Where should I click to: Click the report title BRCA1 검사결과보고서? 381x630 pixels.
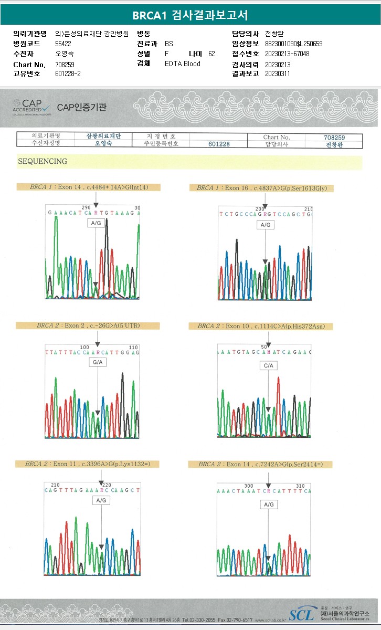pyautogui.click(x=190, y=15)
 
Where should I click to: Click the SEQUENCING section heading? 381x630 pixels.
pyautogui.click(x=43, y=162)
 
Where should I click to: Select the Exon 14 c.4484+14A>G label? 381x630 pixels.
pyautogui.click(x=88, y=187)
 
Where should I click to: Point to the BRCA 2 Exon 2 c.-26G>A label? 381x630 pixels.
pyautogui.click(x=88, y=326)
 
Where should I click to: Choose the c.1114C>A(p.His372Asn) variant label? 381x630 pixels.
pyautogui.click(x=261, y=326)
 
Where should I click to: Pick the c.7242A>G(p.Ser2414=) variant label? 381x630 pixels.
pyautogui.click(x=260, y=464)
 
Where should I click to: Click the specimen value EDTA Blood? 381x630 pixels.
pyautogui.click(x=182, y=64)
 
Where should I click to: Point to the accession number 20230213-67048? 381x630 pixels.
pyautogui.click(x=287, y=54)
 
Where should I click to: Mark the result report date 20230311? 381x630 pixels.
pyautogui.click(x=278, y=74)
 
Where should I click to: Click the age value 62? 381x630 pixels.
pyautogui.click(x=211, y=54)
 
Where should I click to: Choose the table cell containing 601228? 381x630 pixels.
pyautogui.click(x=218, y=144)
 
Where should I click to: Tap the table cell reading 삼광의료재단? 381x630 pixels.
pyautogui.click(x=103, y=136)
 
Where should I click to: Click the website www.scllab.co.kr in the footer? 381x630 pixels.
pyautogui.click(x=270, y=620)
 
